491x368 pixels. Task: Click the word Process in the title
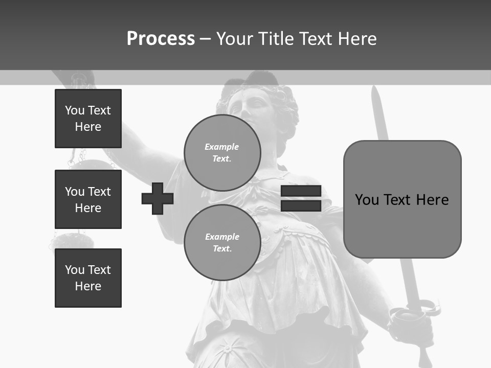click(161, 39)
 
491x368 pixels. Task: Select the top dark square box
click(88, 119)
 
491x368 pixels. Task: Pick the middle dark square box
click(88, 199)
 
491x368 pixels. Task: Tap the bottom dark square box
click(88, 278)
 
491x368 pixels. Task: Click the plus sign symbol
click(158, 198)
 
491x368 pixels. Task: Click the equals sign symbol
click(301, 198)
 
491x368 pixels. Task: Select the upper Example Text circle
click(222, 152)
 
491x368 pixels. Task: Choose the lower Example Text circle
click(222, 242)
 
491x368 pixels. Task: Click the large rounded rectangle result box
click(402, 199)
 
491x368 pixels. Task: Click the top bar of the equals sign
click(301, 192)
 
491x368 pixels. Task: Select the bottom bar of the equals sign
click(301, 205)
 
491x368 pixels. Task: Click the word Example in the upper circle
click(222, 147)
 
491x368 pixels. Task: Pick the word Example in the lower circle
click(222, 237)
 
